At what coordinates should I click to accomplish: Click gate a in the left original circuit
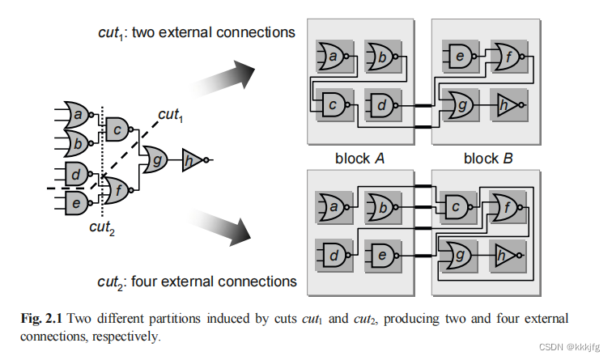(x=78, y=116)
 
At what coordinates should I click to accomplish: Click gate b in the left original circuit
(x=78, y=143)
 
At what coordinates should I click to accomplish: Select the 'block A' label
(x=358, y=159)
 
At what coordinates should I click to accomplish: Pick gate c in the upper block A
(x=331, y=104)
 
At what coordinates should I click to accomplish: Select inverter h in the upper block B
(x=507, y=104)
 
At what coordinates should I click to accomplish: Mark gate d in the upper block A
(x=378, y=104)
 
